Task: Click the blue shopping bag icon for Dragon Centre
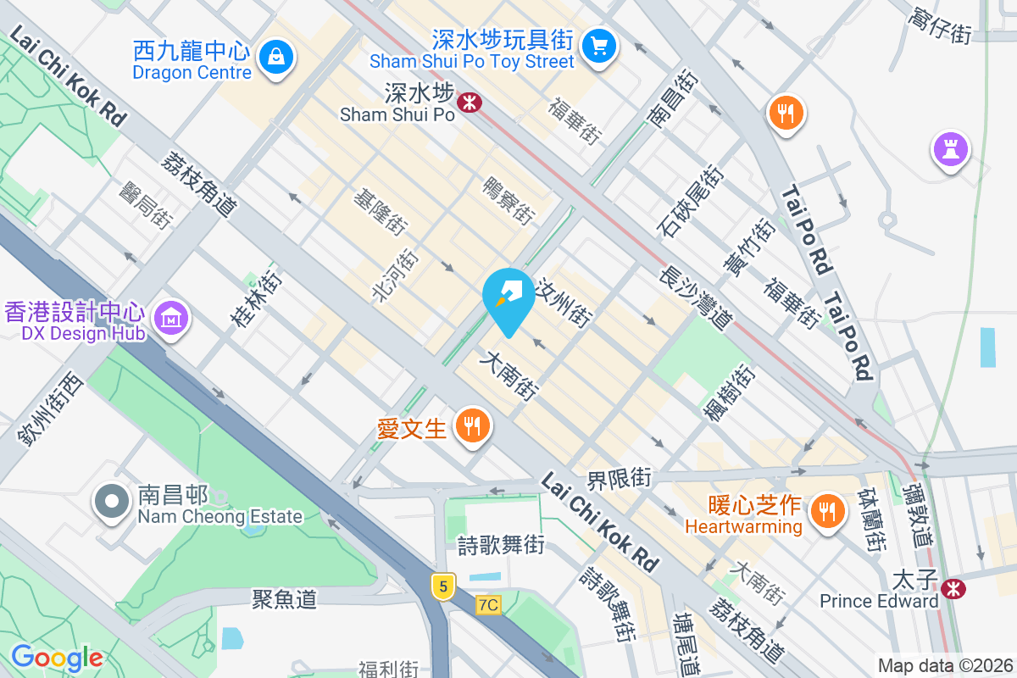[x=276, y=58]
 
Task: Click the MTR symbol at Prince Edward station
[x=954, y=586]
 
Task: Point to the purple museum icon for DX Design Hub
[x=172, y=319]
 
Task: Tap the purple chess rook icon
[x=950, y=149]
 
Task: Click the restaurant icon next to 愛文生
[x=471, y=425]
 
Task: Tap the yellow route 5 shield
[x=442, y=585]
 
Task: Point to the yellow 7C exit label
[x=488, y=604]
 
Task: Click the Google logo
[x=57, y=658]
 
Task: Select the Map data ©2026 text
[x=945, y=665]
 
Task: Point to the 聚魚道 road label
[x=285, y=599]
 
